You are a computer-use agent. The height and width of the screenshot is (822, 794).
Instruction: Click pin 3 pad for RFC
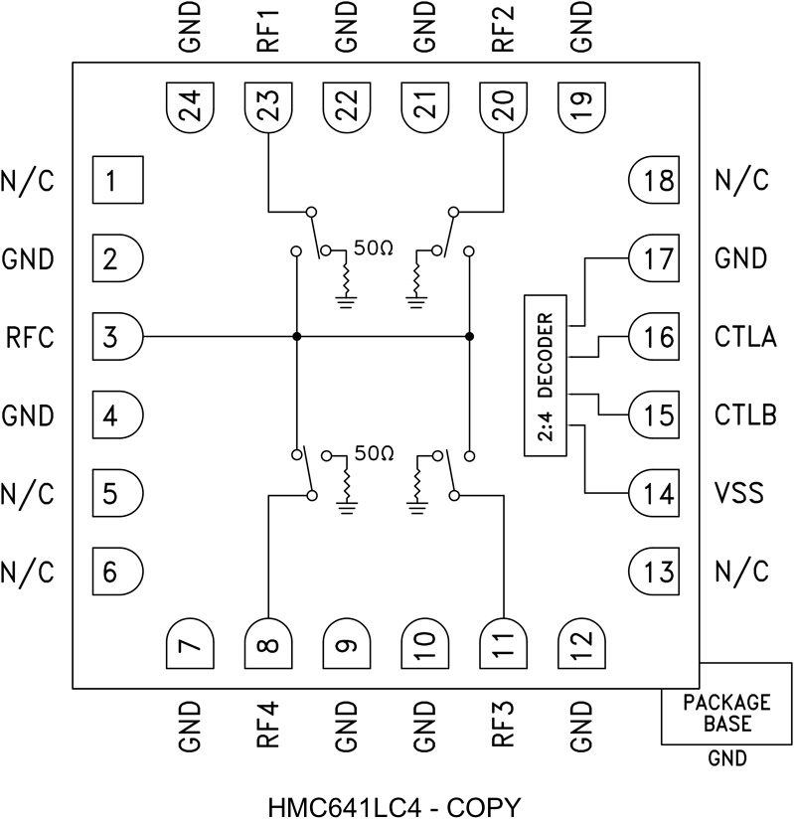point(116,337)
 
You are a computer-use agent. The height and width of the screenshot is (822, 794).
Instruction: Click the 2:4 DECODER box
point(543,375)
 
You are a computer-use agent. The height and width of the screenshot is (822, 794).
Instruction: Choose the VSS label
point(738,493)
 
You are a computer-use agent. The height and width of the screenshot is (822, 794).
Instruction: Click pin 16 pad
point(653,337)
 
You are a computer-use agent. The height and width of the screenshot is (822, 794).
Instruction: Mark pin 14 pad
point(653,493)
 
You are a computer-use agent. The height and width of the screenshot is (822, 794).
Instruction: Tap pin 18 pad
point(653,181)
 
